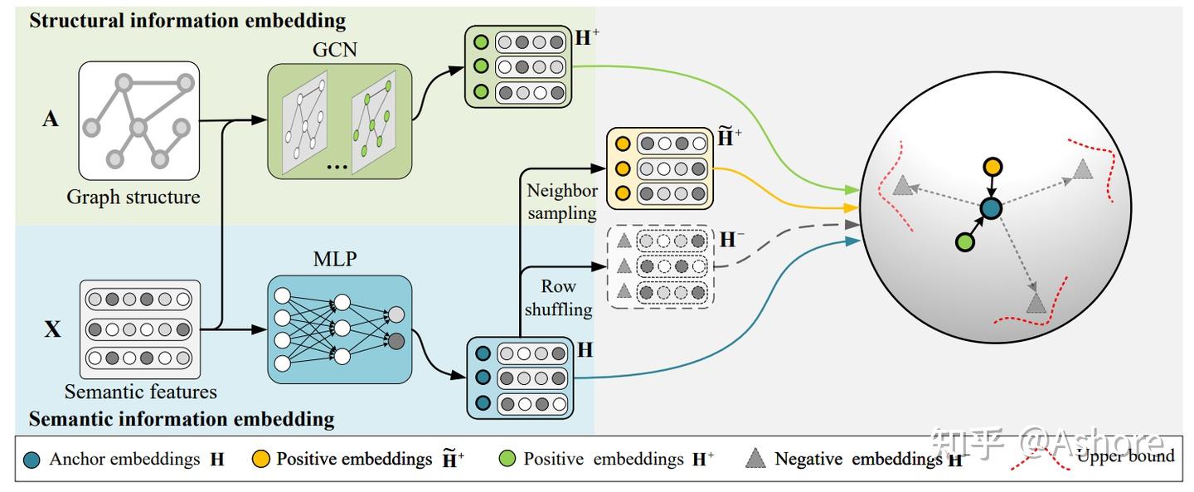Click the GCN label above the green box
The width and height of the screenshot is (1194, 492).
[335, 49]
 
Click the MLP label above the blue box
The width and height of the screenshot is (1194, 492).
[335, 259]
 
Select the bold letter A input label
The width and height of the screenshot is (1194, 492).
[51, 119]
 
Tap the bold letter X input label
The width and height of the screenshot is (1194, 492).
[52, 329]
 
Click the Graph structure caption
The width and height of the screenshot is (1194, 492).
[133, 197]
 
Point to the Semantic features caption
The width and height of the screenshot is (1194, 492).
[141, 391]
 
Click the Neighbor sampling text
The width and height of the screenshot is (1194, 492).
[561, 202]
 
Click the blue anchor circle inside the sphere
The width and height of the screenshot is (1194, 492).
[989, 207]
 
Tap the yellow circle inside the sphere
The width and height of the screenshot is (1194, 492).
[993, 167]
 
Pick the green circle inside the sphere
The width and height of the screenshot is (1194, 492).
[963, 242]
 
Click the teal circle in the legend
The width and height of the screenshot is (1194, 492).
[32, 458]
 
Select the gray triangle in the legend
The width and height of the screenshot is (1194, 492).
[755, 458]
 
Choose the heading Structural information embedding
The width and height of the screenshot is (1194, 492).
[187, 21]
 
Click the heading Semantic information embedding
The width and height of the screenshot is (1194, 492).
[182, 418]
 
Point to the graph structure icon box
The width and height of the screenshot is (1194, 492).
[138, 121]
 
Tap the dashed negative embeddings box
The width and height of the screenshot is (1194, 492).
[661, 265]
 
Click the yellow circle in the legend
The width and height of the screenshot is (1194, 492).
[259, 458]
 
